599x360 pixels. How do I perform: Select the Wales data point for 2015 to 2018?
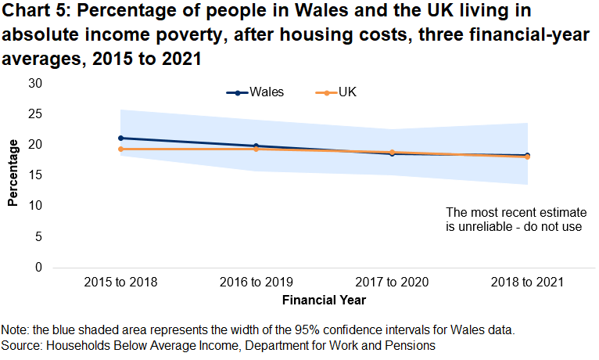click(120, 138)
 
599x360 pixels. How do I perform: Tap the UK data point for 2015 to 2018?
click(120, 149)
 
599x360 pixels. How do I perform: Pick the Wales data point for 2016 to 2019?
click(256, 146)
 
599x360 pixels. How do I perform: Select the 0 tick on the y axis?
click(37, 268)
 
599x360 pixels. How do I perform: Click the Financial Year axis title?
click(324, 299)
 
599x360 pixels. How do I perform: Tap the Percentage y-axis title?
click(13, 172)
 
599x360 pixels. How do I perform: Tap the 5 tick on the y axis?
click(37, 236)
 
